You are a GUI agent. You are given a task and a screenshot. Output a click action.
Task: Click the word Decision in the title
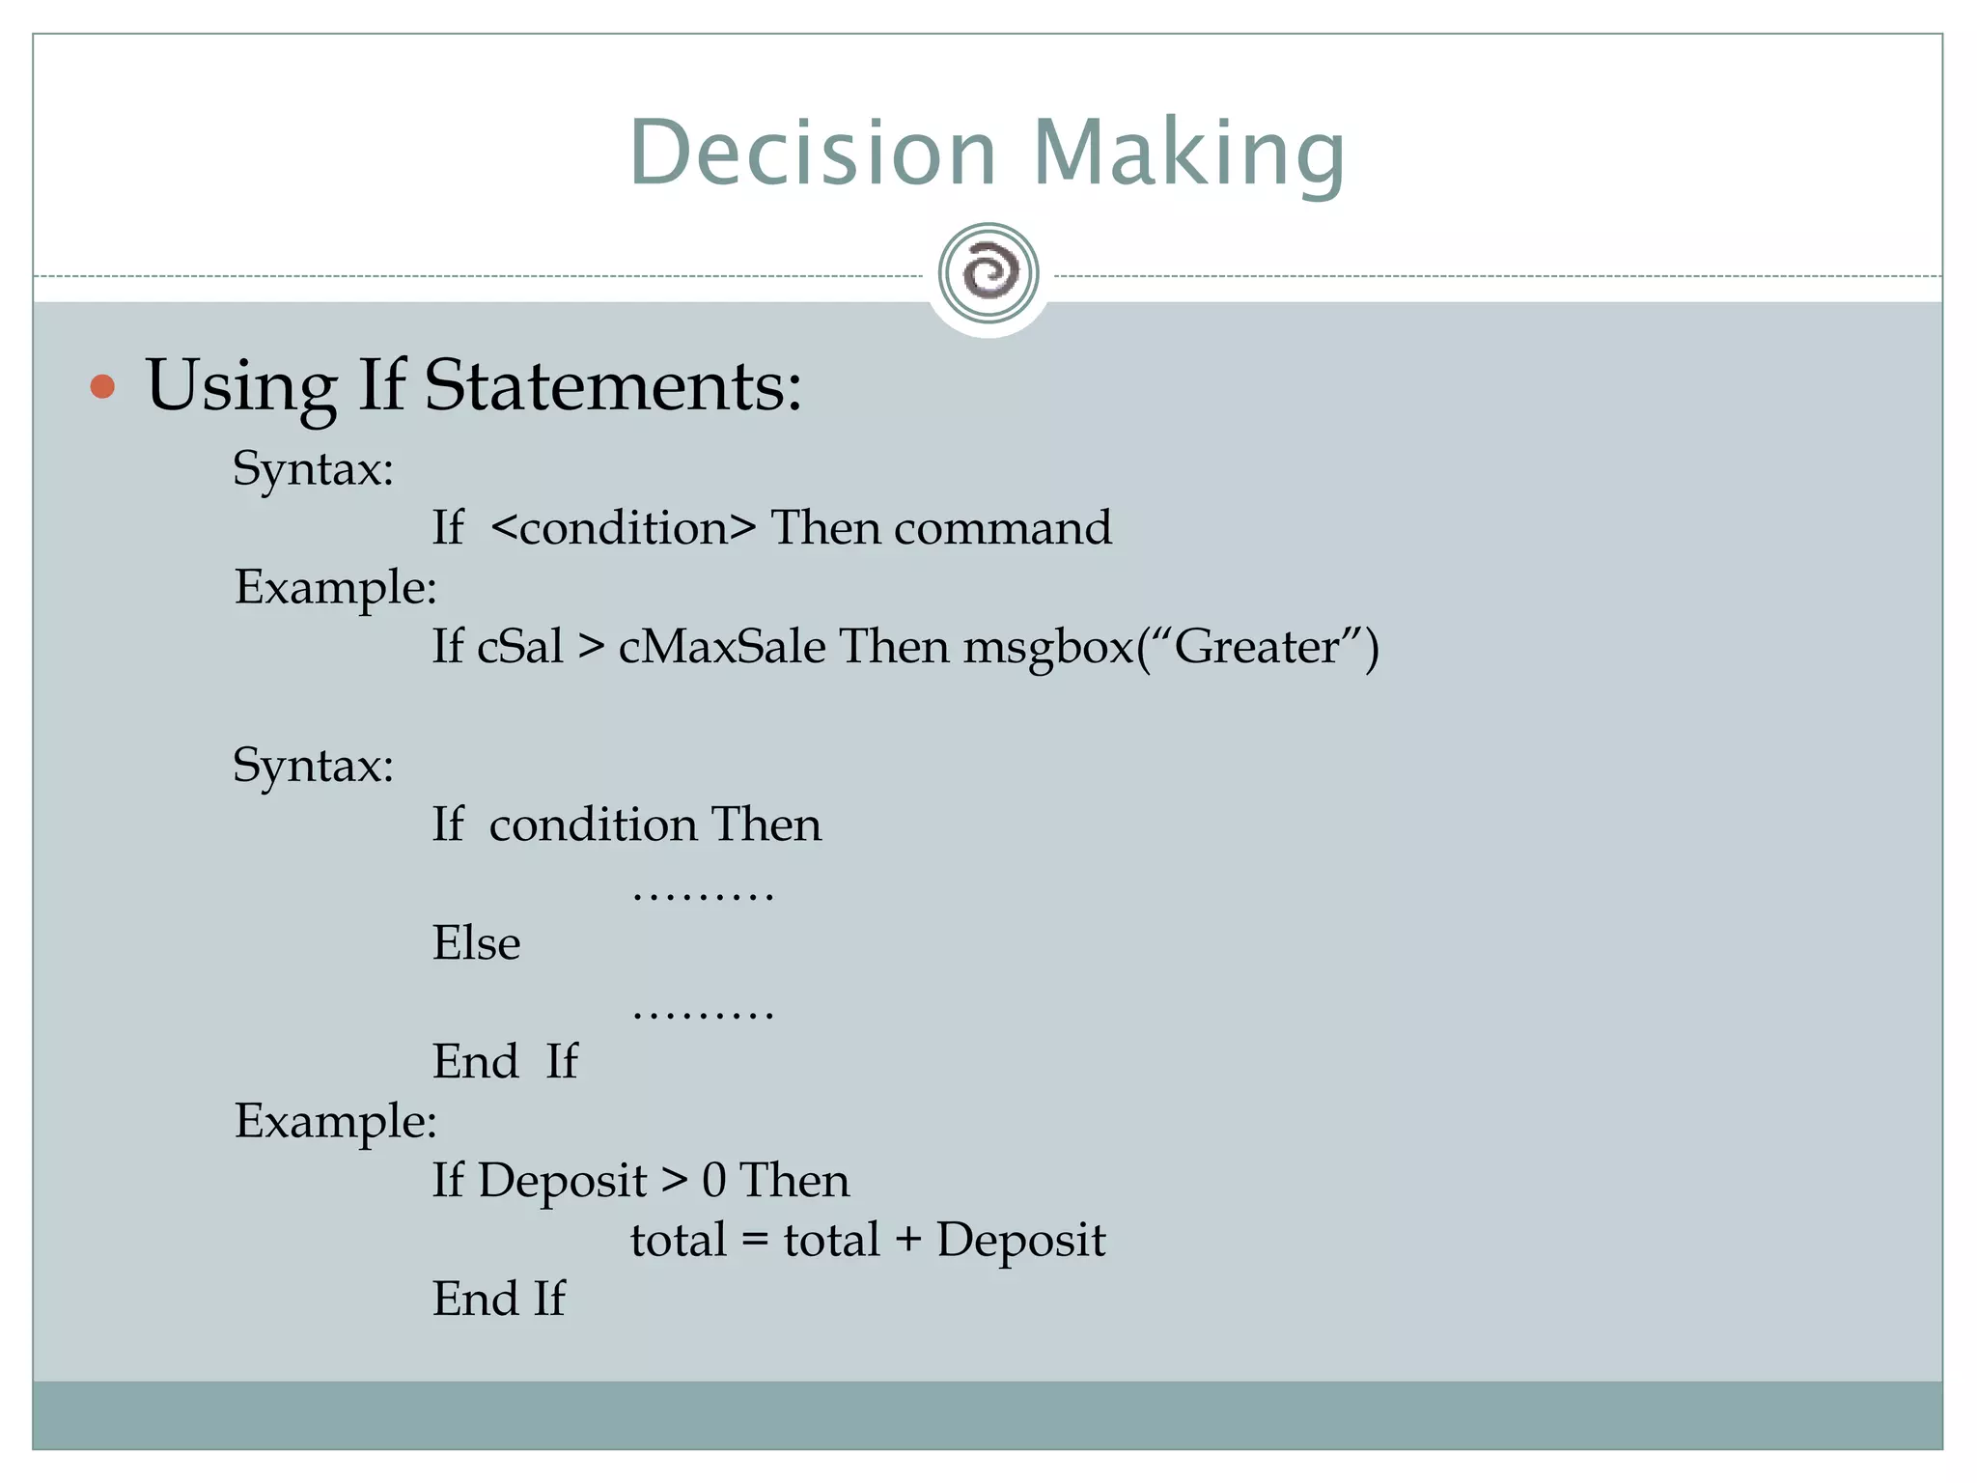(813, 153)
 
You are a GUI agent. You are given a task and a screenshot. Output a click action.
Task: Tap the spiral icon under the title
(988, 273)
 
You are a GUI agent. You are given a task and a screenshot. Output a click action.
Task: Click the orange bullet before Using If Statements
(102, 387)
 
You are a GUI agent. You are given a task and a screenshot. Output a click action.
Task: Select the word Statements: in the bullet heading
(613, 386)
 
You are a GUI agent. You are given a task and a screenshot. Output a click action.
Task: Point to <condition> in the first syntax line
(623, 528)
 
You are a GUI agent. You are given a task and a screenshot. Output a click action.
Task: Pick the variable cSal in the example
(520, 646)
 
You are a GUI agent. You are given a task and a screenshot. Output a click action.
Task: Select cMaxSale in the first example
(722, 646)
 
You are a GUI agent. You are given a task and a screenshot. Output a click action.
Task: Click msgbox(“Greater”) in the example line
(1171, 647)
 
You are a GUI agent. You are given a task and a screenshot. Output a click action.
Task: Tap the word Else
(476, 943)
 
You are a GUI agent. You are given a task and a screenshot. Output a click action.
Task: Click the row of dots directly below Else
(703, 1014)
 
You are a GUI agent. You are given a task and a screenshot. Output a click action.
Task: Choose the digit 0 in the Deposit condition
(714, 1181)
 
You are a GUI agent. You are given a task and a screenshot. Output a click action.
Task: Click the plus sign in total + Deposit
(908, 1241)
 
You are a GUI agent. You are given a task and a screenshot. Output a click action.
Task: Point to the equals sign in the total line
(755, 1241)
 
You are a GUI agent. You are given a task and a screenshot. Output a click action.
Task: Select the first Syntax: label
(314, 470)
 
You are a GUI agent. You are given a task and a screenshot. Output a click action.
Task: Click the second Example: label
(336, 1122)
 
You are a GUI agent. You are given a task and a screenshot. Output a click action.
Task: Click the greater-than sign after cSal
(591, 647)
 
